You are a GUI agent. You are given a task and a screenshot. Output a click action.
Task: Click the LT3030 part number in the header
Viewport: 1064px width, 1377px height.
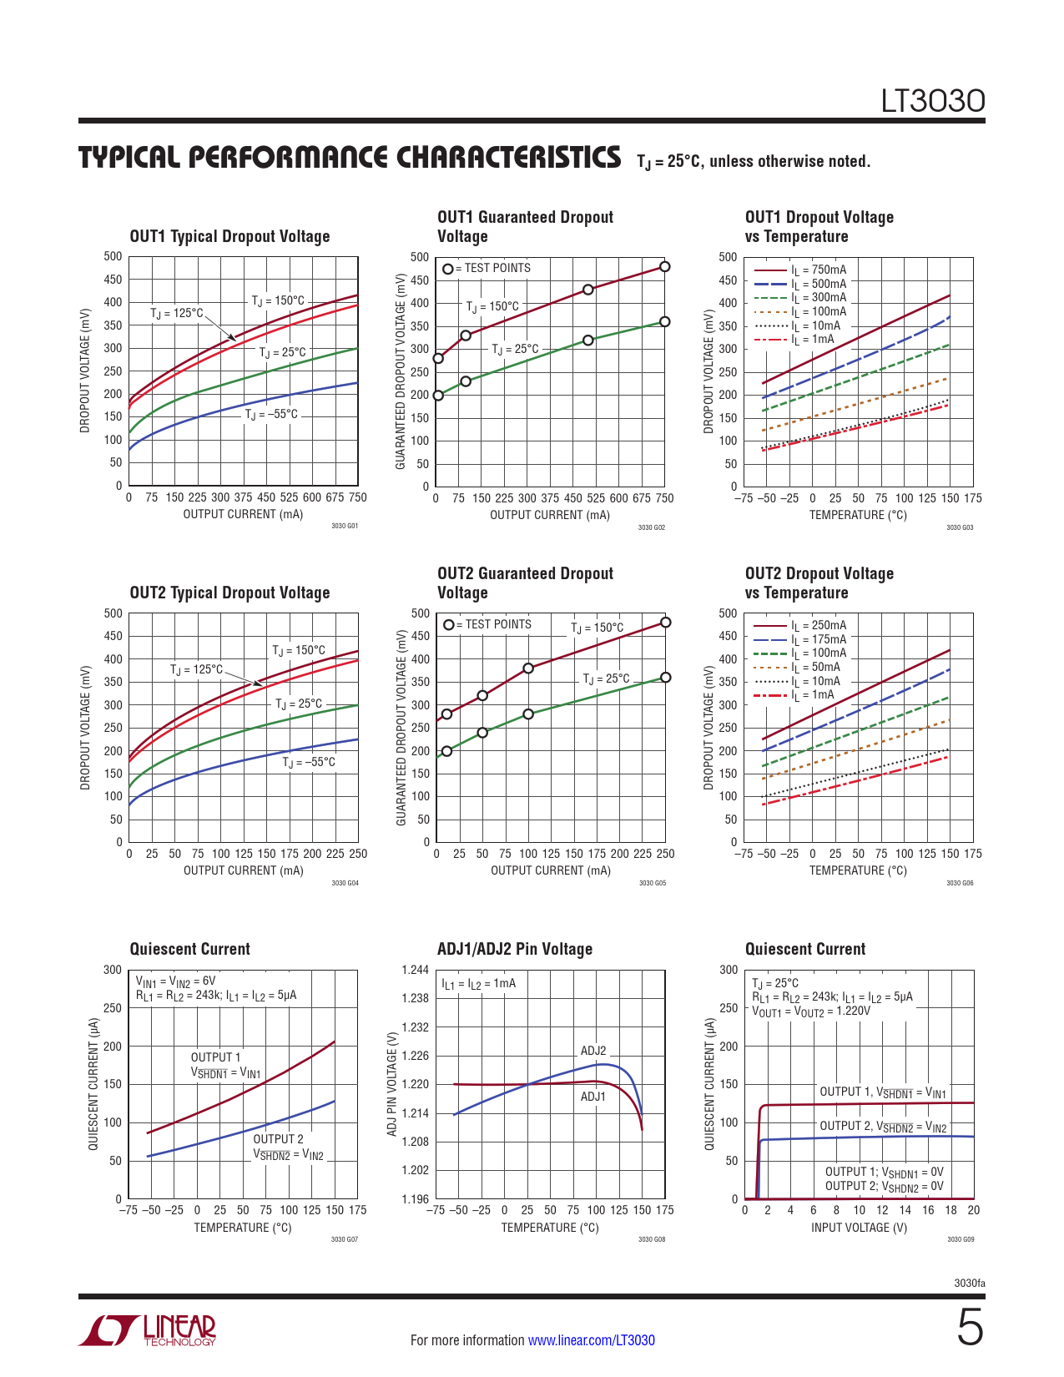pyautogui.click(x=933, y=101)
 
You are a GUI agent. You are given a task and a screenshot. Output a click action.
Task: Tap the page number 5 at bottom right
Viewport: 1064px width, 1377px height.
pyautogui.click(x=970, y=1328)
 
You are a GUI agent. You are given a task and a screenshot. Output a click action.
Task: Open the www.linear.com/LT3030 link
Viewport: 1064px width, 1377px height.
pyautogui.click(x=591, y=1340)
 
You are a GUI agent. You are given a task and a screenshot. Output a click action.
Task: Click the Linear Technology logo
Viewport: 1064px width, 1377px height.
pyautogui.click(x=149, y=1330)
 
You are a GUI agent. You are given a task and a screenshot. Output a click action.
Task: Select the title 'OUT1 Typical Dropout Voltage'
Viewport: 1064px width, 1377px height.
pyautogui.click(x=229, y=237)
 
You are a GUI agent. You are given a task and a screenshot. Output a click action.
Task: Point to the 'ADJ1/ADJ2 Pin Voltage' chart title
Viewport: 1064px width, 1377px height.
pyautogui.click(x=514, y=949)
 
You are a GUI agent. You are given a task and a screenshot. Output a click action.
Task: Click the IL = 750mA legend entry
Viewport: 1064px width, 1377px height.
pyautogui.click(x=818, y=270)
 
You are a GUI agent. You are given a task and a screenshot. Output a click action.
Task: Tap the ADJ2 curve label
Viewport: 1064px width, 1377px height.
pyautogui.click(x=593, y=1051)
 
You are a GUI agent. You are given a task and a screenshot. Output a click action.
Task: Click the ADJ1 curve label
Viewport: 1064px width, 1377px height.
pyautogui.click(x=593, y=1097)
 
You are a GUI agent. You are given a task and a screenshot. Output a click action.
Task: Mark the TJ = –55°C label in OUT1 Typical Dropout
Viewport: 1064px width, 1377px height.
pyautogui.click(x=271, y=414)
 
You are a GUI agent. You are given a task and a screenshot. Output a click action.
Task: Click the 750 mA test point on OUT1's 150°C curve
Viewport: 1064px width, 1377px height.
pyautogui.click(x=664, y=267)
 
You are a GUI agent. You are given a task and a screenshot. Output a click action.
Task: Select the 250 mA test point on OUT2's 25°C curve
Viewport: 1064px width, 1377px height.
pyautogui.click(x=665, y=678)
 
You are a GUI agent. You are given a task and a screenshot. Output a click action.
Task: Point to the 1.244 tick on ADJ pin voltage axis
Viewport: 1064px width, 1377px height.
pyautogui.click(x=415, y=970)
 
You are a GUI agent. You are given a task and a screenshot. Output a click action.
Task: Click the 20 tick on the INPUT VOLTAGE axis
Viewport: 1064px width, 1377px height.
pyautogui.click(x=973, y=1210)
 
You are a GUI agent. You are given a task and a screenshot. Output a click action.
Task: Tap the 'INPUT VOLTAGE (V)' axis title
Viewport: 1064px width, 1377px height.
pyautogui.click(x=859, y=1228)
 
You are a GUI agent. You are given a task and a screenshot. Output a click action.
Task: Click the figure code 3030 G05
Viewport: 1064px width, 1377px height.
pyautogui.click(x=652, y=883)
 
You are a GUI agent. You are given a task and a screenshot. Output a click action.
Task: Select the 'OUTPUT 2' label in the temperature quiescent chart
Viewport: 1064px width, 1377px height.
pyautogui.click(x=278, y=1139)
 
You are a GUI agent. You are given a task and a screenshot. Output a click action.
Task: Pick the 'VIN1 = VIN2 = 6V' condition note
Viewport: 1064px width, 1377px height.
pyautogui.click(x=176, y=981)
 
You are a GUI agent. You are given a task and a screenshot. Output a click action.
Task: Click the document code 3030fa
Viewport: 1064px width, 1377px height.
pyautogui.click(x=969, y=1284)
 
